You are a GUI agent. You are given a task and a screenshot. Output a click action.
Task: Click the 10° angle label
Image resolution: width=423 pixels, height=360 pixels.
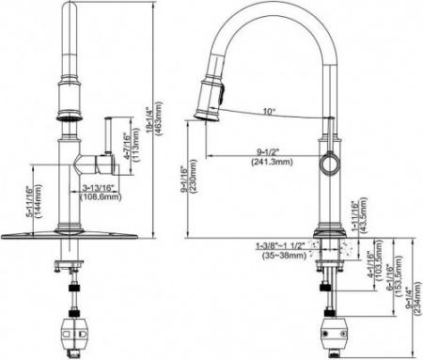coord(269,113)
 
